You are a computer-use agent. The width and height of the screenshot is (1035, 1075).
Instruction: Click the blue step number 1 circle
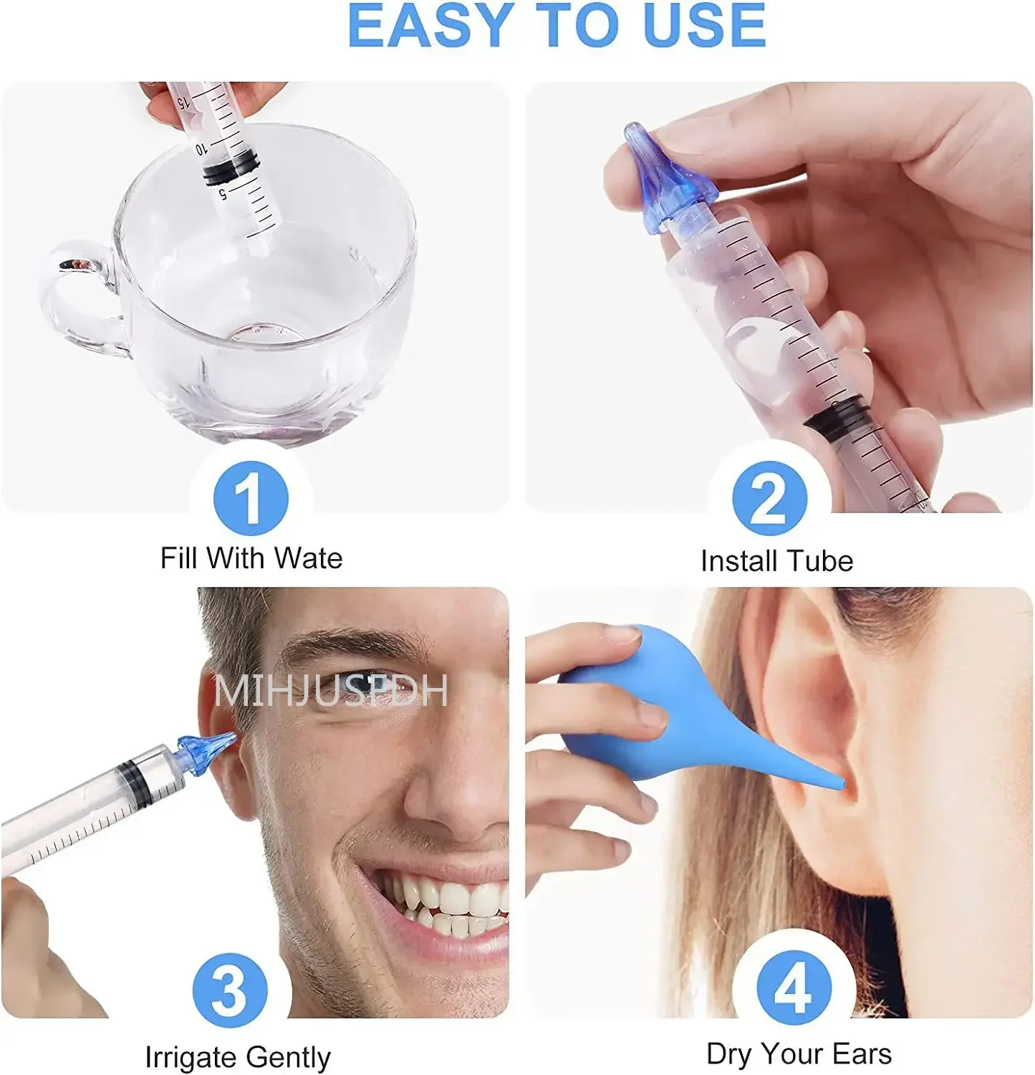[251, 498]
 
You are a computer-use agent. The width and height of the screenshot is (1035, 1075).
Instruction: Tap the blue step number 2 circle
[769, 498]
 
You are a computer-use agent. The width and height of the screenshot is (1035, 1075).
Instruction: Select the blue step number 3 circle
[230, 991]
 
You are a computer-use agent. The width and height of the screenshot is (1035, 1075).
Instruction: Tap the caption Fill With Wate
[251, 558]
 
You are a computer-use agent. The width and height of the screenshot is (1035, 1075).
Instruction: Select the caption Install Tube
[776, 561]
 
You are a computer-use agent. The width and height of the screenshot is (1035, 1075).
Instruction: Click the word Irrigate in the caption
[188, 1057]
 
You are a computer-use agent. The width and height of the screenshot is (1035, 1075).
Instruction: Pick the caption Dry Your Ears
[799, 1054]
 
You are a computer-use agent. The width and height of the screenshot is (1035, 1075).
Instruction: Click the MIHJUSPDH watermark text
[331, 692]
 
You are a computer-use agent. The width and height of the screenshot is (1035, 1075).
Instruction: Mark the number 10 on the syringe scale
[201, 148]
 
